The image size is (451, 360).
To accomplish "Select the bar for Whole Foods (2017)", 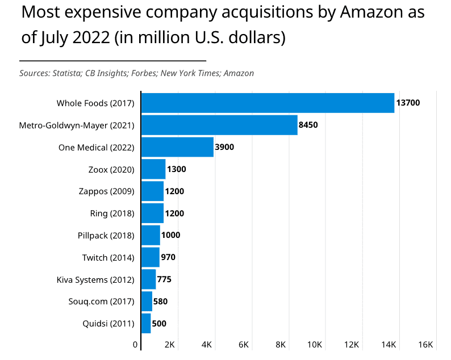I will pos(268,103).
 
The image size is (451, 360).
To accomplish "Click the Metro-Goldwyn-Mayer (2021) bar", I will pos(219,125).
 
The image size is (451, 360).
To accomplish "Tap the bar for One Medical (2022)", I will pos(177,147).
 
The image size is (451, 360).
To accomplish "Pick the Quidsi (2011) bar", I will pos(146,324).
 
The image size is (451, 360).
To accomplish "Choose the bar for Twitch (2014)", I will pos(151,257).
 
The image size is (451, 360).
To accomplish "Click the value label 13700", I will pos(408,103).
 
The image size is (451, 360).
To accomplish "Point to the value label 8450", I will pos(308,125).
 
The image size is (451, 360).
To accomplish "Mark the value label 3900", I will pos(224,147).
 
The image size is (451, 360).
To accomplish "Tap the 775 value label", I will pos(164,279).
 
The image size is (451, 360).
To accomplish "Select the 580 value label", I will pos(160,302).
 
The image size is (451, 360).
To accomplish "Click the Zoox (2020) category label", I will pos(111,169).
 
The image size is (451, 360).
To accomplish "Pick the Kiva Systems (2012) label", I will pos(95,279).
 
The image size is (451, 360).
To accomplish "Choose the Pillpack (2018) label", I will pos(106,235).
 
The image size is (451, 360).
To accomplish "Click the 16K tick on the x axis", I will pos(426,345).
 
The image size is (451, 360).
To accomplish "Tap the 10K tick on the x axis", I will pos(315,345).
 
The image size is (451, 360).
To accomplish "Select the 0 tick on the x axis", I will pos(135,345).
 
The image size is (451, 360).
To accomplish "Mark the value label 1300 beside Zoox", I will pos(176,169).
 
